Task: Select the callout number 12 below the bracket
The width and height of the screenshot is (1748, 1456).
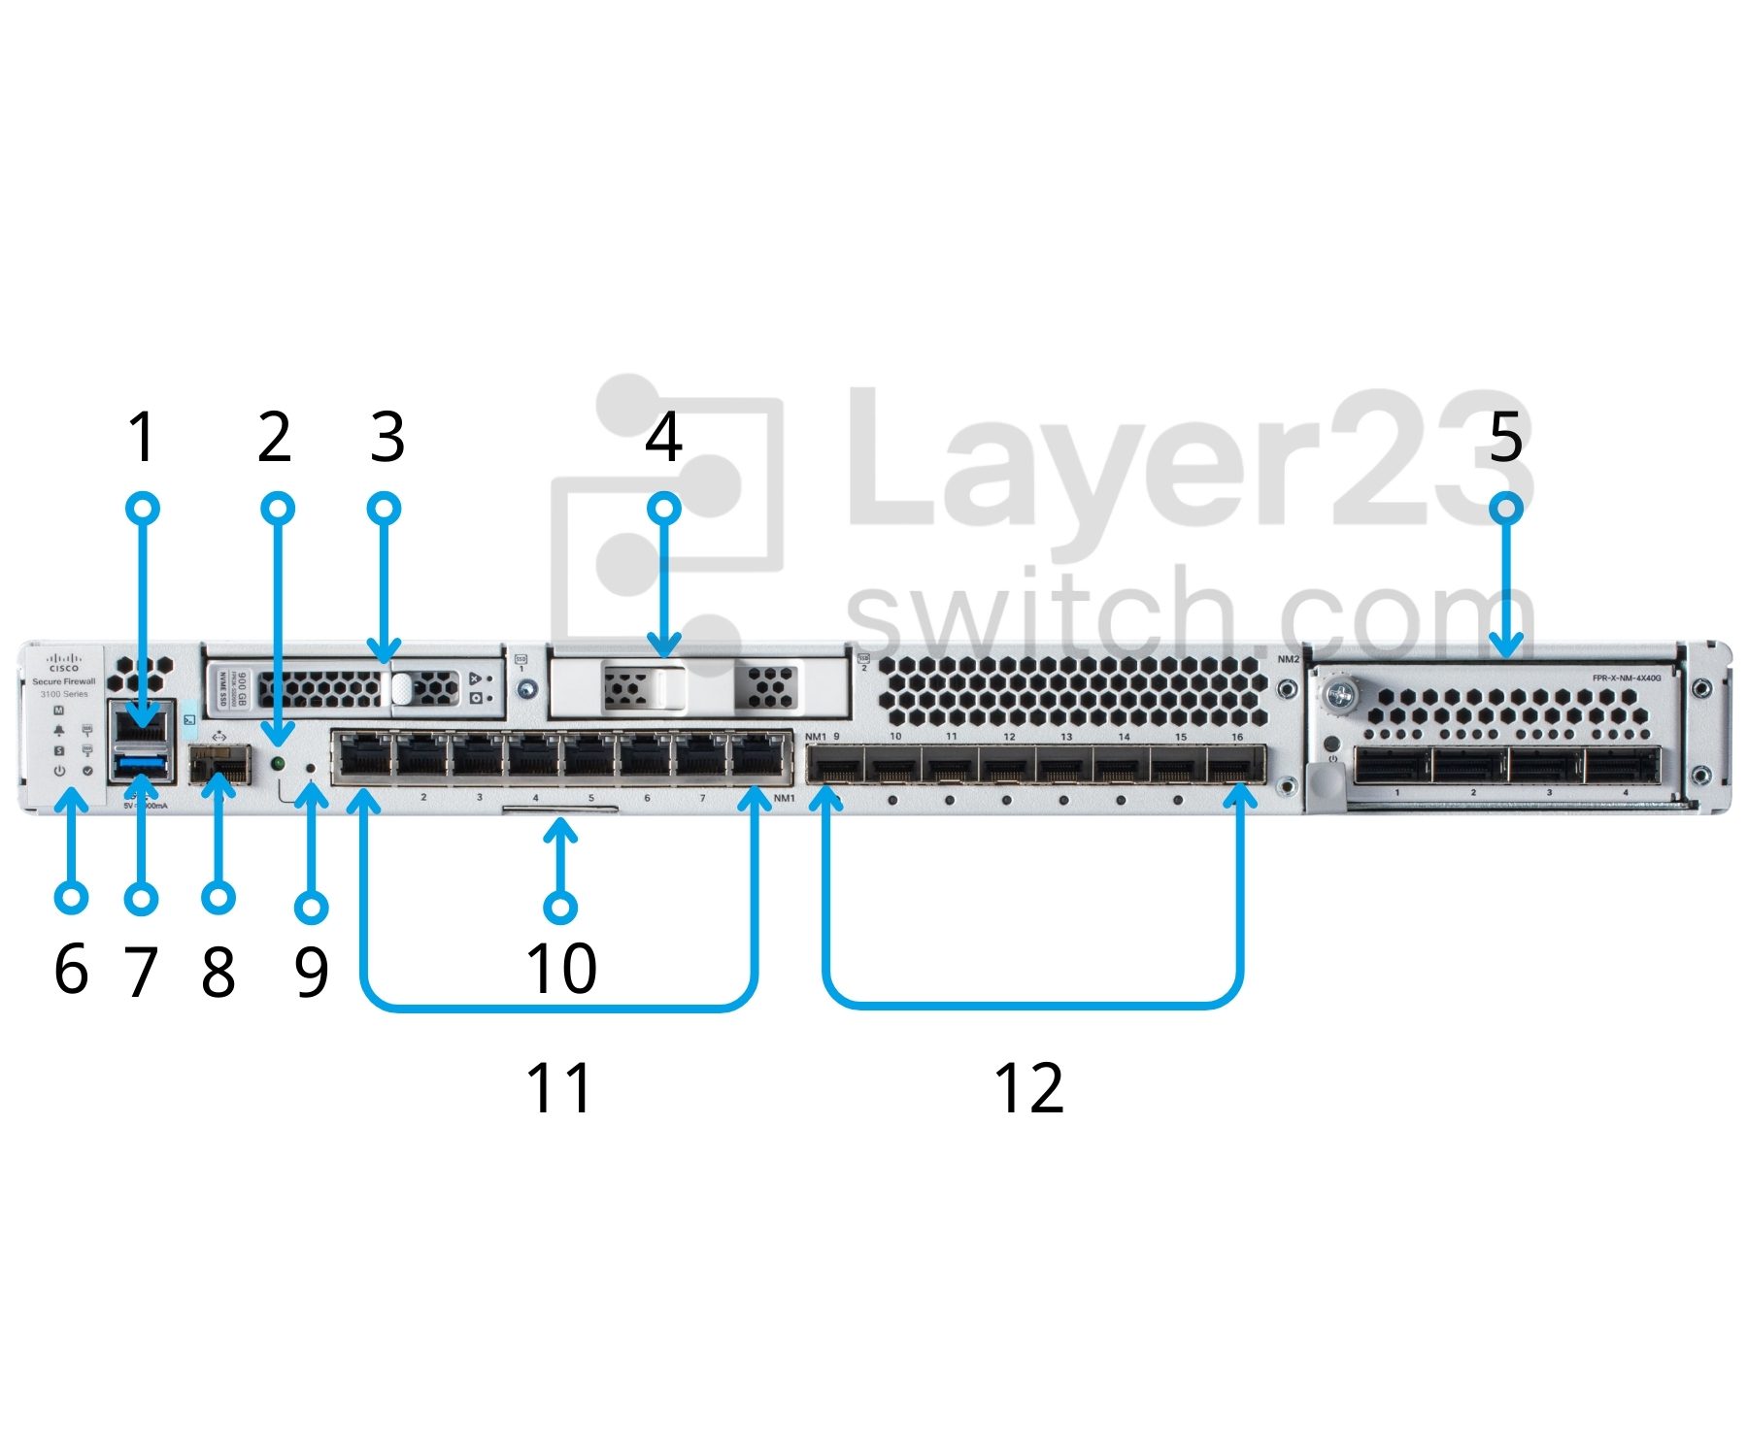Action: (1028, 1088)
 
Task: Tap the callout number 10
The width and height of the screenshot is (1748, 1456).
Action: (560, 968)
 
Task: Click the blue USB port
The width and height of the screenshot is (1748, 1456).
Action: (142, 769)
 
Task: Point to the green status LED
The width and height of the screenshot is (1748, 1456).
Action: (278, 764)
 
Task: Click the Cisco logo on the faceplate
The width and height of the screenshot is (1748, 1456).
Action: (64, 663)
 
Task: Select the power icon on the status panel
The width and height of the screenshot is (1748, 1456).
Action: (59, 771)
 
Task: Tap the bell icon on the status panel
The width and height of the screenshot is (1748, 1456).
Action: (59, 731)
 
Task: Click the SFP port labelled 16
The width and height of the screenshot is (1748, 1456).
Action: (1235, 768)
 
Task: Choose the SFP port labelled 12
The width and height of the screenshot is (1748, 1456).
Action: (1007, 768)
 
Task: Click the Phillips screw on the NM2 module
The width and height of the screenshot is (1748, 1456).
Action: (1343, 693)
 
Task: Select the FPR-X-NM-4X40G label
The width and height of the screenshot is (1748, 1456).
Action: (1626, 678)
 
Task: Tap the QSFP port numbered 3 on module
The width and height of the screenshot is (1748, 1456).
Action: (1546, 766)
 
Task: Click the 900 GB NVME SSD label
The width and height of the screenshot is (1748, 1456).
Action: (232, 687)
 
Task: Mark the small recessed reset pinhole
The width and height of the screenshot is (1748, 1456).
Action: (311, 769)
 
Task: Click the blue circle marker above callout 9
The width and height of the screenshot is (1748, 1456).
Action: (311, 908)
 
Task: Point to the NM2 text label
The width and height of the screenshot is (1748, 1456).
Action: (1288, 659)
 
